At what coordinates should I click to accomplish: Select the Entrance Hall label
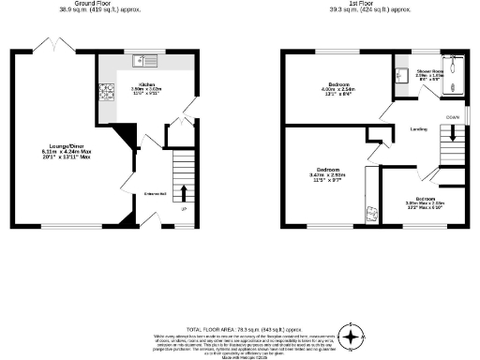tap(155, 194)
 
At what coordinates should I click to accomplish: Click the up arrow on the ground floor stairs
tap(183, 194)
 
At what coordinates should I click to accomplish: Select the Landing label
tap(419, 129)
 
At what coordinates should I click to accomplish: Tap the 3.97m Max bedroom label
tap(425, 200)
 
